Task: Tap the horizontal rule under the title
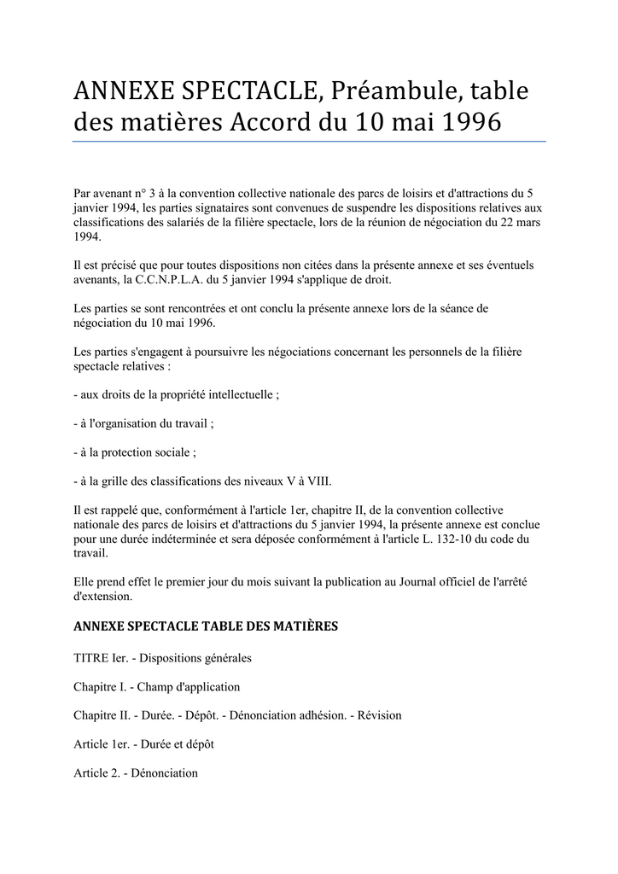309,142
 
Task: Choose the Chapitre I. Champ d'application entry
157,686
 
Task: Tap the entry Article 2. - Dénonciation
137,773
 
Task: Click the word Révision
379,715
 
